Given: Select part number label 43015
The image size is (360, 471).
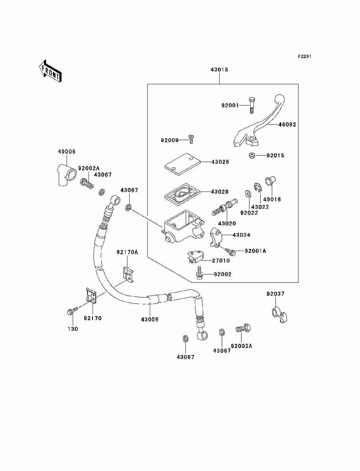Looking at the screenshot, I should (219, 69).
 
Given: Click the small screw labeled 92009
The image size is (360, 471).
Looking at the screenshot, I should (191, 138).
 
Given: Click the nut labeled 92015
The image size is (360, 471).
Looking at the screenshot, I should (252, 156).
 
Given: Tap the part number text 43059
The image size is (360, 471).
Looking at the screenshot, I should (149, 319).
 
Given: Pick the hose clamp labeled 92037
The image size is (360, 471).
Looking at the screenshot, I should (279, 314).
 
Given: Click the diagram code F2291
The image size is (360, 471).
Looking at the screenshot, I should (304, 57).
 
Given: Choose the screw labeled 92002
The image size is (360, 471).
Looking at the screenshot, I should (198, 273).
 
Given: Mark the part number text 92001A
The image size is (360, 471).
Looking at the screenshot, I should (255, 251).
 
